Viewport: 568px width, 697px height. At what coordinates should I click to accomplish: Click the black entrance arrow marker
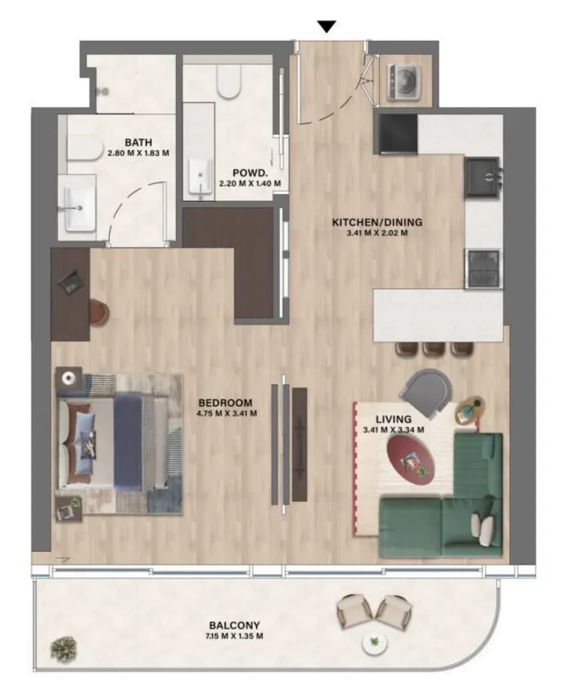tap(328, 27)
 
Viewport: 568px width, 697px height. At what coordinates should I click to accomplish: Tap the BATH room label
tap(138, 143)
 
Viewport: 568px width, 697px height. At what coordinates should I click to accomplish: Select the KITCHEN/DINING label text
tap(377, 222)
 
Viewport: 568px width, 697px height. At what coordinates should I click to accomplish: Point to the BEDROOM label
tap(225, 402)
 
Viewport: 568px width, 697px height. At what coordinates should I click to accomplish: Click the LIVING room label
tap(393, 419)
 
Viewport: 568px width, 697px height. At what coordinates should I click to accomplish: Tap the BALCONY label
tap(234, 625)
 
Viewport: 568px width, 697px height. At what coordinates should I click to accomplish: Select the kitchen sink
tap(482, 177)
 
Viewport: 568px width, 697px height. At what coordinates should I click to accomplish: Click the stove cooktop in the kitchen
tap(483, 268)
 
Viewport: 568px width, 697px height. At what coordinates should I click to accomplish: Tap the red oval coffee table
tap(410, 460)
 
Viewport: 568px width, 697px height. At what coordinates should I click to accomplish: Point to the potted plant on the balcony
tap(64, 648)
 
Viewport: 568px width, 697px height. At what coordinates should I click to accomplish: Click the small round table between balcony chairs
tap(375, 641)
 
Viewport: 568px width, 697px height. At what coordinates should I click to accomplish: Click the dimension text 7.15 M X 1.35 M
tap(234, 636)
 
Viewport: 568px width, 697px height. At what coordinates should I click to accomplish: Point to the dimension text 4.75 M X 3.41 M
tap(227, 413)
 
